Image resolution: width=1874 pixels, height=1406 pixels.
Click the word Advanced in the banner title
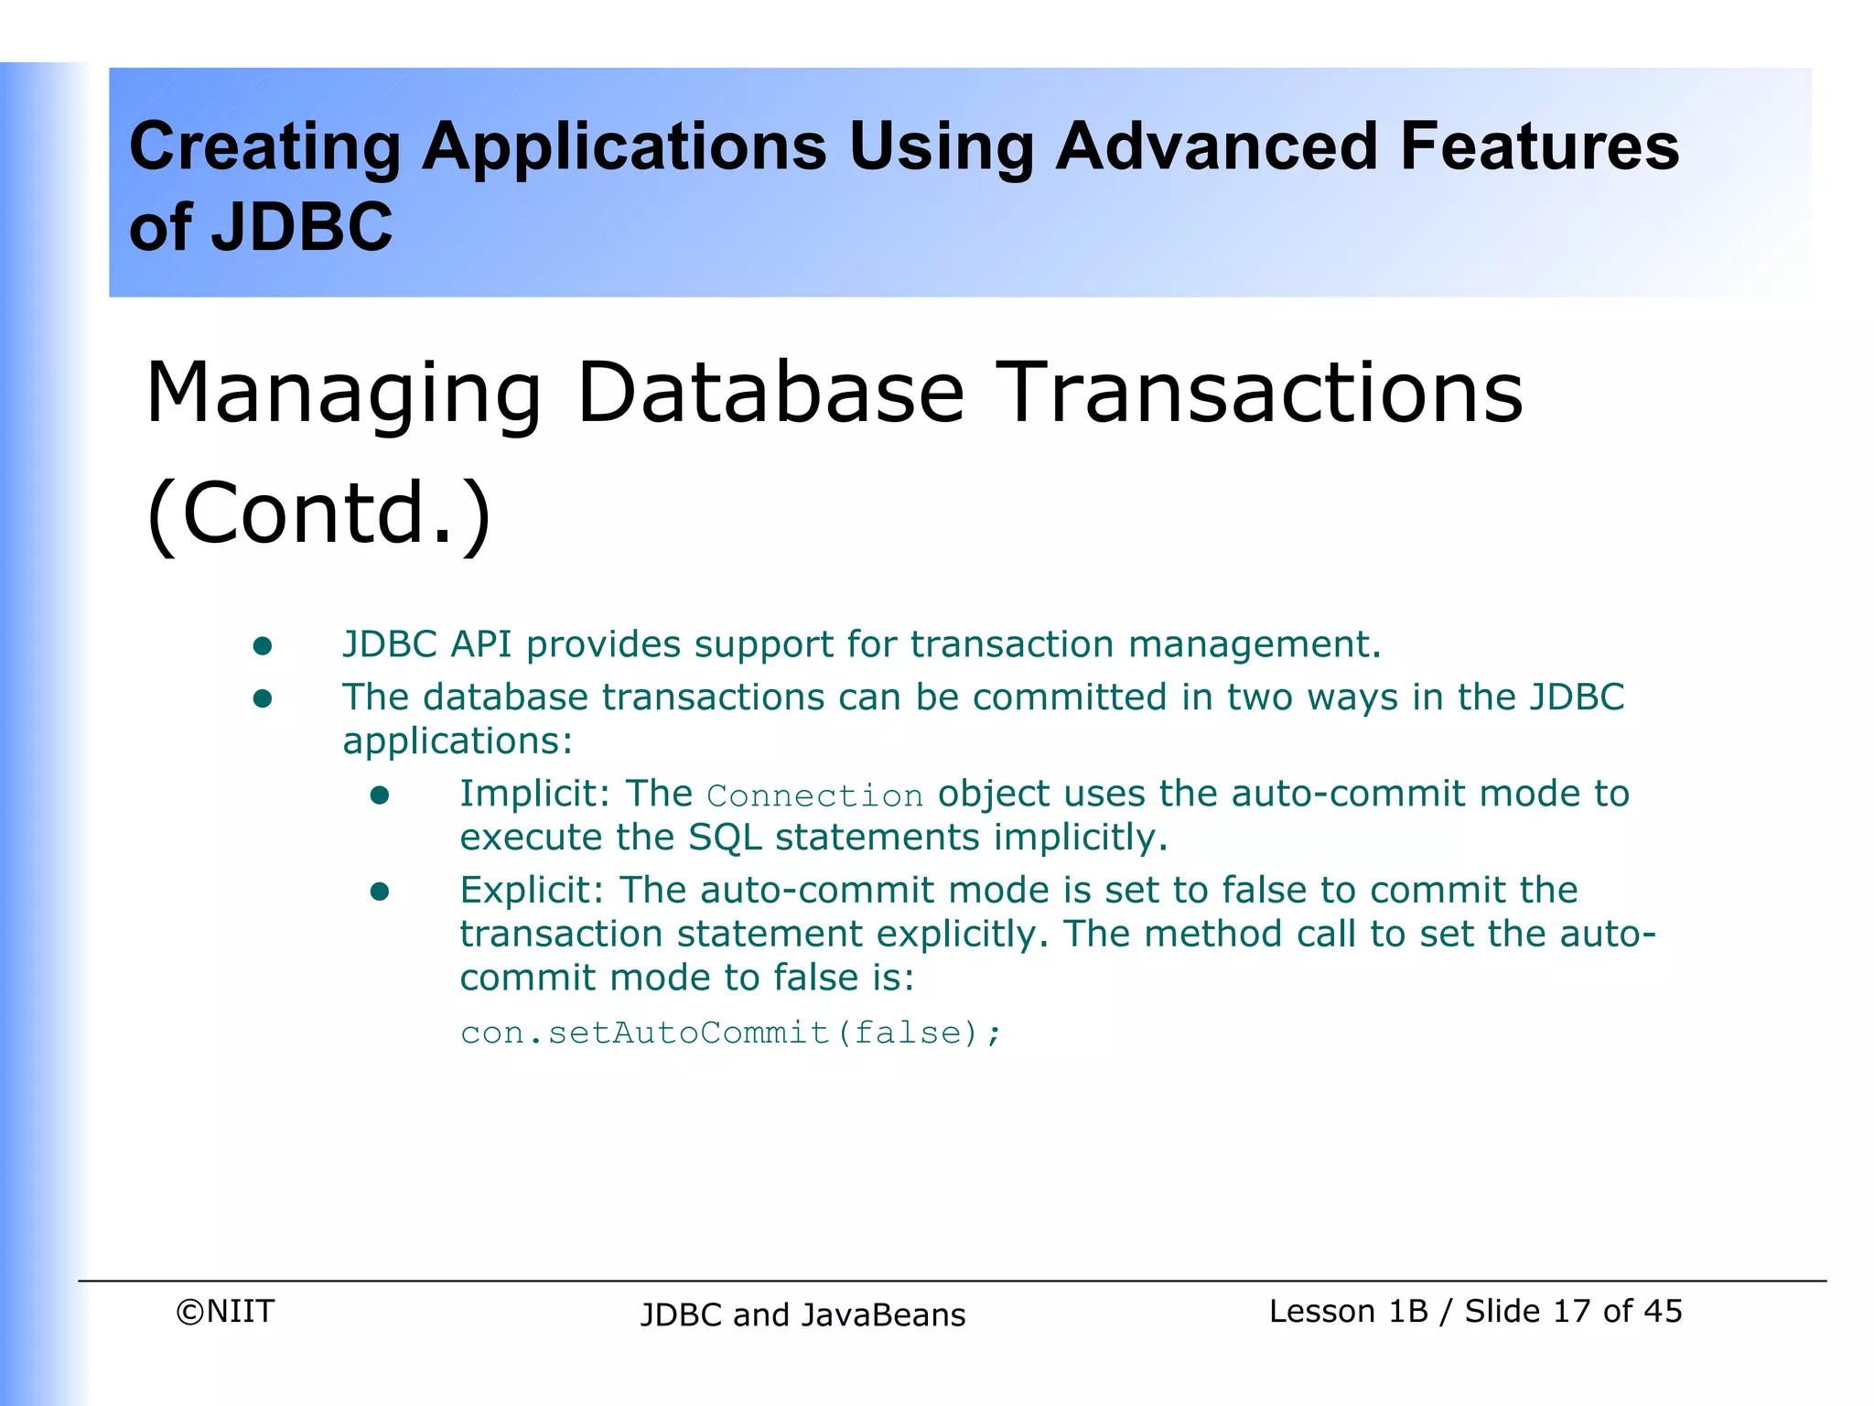pos(1216,146)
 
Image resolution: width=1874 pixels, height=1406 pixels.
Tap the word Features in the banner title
pos(1539,146)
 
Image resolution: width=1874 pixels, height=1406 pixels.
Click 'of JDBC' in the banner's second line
pos(261,227)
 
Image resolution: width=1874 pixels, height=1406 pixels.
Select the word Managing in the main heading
pos(344,394)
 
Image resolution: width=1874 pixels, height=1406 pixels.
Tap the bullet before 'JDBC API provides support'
pos(263,646)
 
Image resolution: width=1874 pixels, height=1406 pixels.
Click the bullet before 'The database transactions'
pos(263,699)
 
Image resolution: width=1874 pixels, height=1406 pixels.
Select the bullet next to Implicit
pos(380,795)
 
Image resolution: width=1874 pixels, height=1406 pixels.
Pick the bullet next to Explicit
pos(380,892)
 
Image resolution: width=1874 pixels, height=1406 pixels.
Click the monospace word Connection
pos(815,795)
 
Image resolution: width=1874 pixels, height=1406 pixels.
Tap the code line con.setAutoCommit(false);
pos(731,1033)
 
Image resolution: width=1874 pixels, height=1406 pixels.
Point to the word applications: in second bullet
pos(458,741)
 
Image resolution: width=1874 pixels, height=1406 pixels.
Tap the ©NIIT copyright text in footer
pos(225,1311)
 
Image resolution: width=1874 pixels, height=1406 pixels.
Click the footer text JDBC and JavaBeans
pos(802,1314)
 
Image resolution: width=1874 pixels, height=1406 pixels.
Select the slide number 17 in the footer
pos(1571,1311)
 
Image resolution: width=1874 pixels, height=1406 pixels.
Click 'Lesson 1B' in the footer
pos(1348,1311)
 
